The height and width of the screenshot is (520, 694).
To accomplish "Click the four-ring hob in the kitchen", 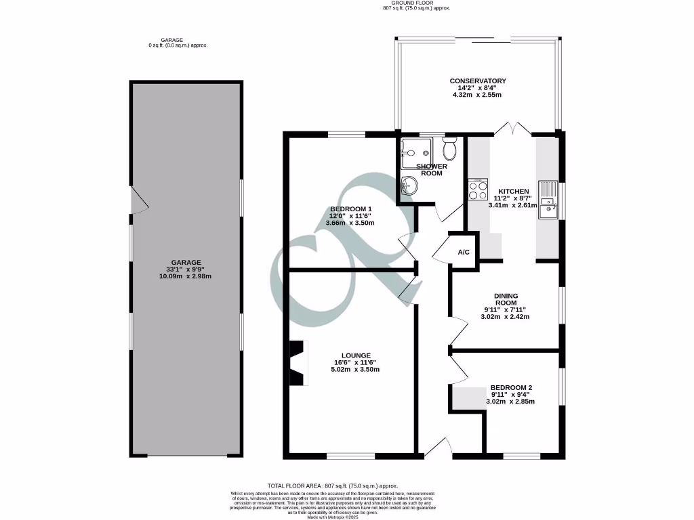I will [x=478, y=190].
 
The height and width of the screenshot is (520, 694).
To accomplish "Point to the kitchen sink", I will [x=547, y=200].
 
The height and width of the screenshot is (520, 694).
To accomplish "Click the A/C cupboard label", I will [x=464, y=253].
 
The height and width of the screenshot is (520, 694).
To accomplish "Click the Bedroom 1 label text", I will [x=350, y=209].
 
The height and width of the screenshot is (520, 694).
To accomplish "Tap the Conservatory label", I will [x=478, y=81].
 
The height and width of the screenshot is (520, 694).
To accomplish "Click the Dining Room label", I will [x=506, y=300].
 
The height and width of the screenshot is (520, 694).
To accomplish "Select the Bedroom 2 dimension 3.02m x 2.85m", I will [x=510, y=402].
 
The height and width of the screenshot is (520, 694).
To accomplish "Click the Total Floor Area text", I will [x=332, y=485].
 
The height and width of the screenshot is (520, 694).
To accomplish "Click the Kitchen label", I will [x=513, y=191].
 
